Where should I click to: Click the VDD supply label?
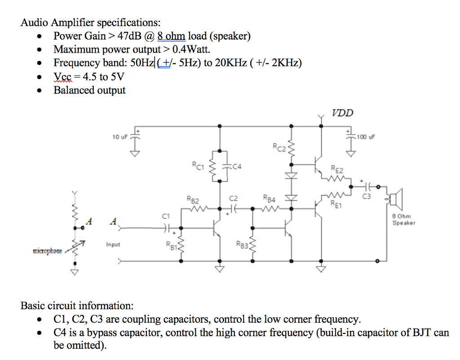pos(342,112)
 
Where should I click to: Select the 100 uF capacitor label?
pos(365,136)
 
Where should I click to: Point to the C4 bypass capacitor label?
pos(237,167)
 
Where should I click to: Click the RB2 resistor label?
pos(193,199)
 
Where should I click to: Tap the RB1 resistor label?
pos(171,245)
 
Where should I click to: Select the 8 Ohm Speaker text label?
pos(404,219)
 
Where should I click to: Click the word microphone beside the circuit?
pos(48,251)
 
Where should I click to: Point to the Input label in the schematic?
pos(113,244)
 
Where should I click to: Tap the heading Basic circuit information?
pos(77,306)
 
